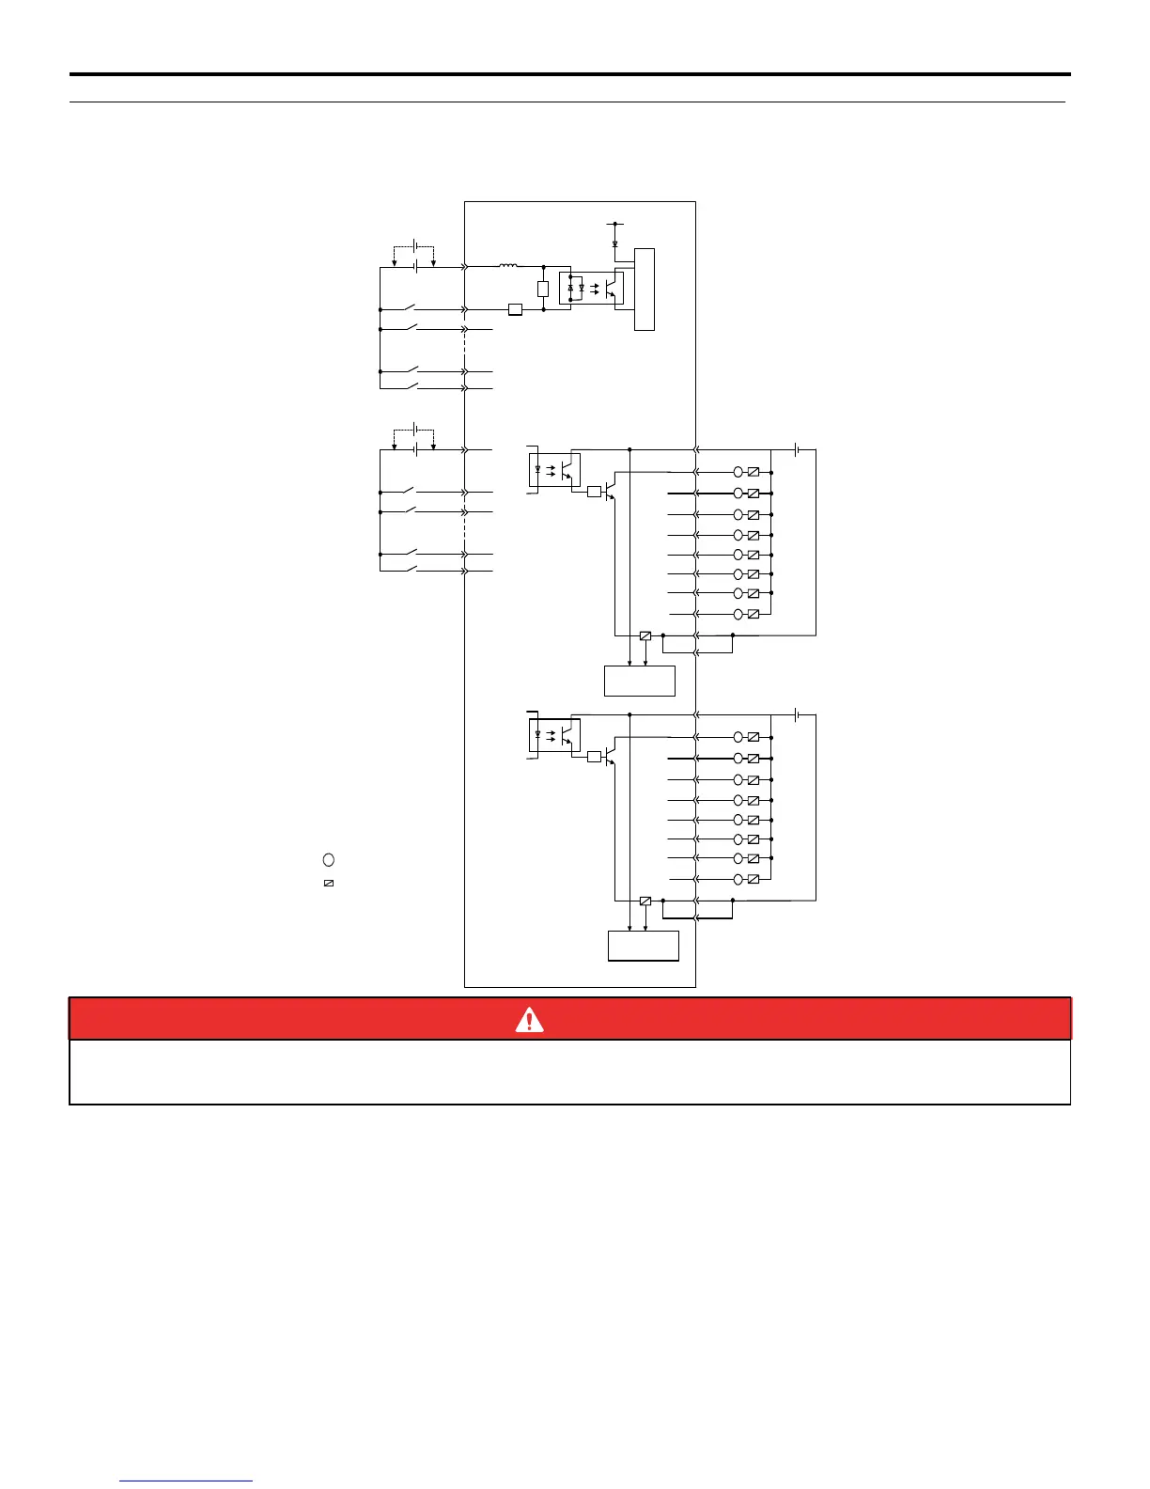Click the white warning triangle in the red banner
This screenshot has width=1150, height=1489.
coord(529,1019)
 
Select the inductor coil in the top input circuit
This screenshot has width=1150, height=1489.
coord(507,267)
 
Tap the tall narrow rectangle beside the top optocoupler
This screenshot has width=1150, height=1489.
coord(645,290)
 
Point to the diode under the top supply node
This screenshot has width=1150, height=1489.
coord(614,243)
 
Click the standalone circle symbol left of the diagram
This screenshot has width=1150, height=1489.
coord(329,859)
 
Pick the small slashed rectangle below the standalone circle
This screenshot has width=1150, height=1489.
coord(329,884)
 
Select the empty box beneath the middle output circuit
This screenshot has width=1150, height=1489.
coord(639,681)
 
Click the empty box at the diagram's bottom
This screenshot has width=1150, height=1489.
coord(643,946)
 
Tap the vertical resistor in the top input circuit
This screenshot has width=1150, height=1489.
coord(543,289)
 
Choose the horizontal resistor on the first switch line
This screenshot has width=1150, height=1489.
coord(515,309)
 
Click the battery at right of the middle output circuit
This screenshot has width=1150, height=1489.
coord(797,450)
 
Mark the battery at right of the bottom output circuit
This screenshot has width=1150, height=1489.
coord(797,715)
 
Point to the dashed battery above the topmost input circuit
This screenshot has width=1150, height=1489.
coord(414,247)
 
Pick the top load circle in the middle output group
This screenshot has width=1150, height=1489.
coord(738,472)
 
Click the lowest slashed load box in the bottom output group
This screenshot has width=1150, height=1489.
coord(753,879)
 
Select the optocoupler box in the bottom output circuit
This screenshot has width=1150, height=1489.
coord(555,735)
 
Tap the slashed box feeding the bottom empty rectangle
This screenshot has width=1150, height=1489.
coord(645,901)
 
